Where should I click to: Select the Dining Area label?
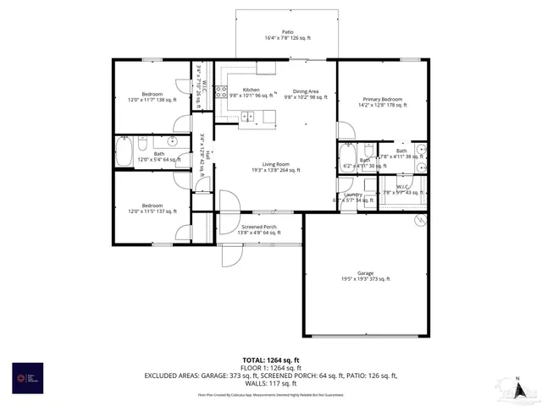click(305, 93)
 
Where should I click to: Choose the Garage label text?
click(365, 276)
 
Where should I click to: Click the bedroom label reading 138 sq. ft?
click(152, 96)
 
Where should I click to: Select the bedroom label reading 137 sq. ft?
click(152, 208)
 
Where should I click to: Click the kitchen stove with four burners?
click(221, 92)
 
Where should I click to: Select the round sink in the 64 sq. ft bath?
click(173, 142)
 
